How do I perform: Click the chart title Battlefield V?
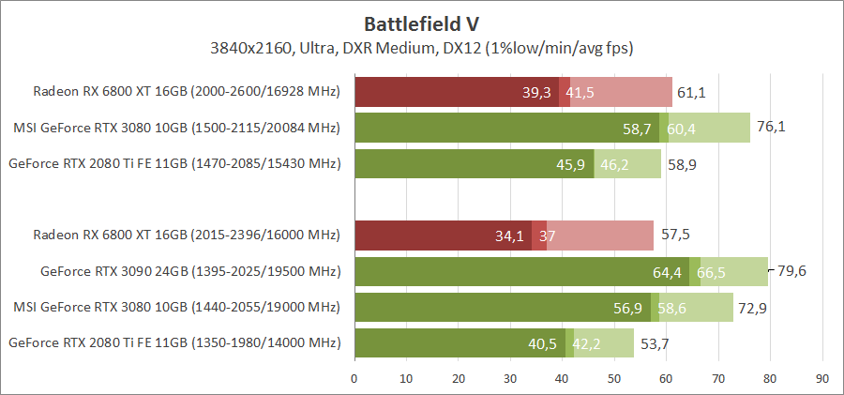click(422, 22)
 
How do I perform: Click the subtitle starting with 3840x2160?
click(422, 46)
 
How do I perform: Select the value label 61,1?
click(691, 92)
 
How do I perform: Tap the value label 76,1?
click(770, 128)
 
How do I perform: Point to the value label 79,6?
click(791, 271)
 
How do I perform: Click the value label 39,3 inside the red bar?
click(537, 92)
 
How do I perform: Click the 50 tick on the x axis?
click(614, 378)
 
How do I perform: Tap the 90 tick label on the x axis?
click(822, 378)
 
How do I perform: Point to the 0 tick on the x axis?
click(354, 378)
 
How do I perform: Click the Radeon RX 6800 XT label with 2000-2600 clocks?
click(186, 91)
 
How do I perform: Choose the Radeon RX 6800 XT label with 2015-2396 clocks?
click(186, 235)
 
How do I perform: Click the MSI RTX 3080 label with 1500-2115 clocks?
click(176, 128)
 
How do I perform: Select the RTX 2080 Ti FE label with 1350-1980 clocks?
click(173, 342)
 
